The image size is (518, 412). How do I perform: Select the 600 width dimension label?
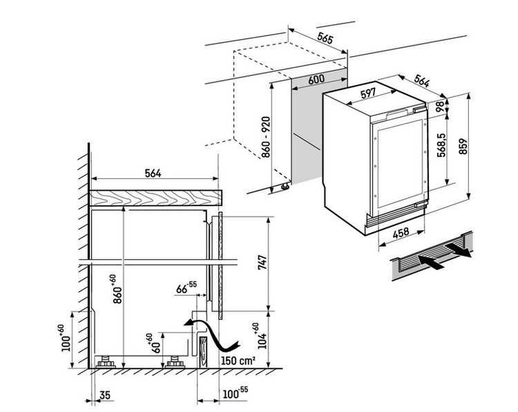pos(316,79)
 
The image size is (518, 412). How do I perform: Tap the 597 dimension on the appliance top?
pos(368,93)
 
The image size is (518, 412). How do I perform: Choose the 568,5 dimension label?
pos(439,147)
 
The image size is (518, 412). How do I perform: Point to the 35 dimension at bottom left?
pos(104,396)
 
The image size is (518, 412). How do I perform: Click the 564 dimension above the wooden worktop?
pos(155,174)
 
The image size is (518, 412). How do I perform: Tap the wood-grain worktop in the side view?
pos(155,197)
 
